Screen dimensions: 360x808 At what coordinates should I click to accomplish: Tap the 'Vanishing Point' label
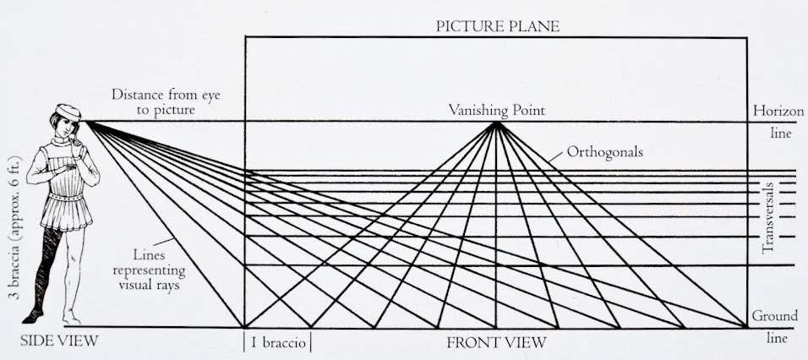[496, 110]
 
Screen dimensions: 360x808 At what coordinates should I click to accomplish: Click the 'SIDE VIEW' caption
[60, 341]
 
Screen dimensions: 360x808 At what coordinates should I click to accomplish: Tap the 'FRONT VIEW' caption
[496, 342]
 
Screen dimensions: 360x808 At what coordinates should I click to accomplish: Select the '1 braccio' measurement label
[278, 342]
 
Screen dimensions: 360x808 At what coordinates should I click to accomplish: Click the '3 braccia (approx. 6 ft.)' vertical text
[11, 236]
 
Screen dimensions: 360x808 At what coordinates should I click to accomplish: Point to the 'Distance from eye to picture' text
[153, 101]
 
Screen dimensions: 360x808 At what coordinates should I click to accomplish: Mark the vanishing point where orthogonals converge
[496, 123]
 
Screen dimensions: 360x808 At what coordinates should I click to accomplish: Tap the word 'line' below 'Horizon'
[778, 134]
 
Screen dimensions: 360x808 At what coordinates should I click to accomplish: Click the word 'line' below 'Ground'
[778, 338]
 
